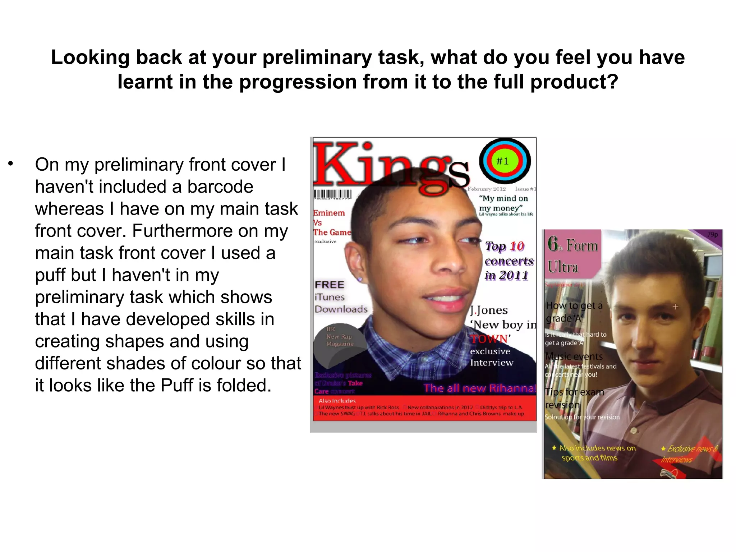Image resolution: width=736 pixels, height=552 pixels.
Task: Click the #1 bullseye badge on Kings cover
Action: click(505, 161)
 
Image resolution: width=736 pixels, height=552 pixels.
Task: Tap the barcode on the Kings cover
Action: click(332, 194)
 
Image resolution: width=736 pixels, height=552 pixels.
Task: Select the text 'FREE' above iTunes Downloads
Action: click(329, 285)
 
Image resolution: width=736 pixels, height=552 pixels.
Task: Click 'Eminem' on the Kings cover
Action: click(329, 213)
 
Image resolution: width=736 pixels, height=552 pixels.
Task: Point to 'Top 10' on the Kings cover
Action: click(505, 247)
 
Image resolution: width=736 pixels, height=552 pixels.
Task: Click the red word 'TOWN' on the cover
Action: click(489, 339)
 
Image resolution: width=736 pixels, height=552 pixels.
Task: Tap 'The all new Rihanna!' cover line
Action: click(479, 388)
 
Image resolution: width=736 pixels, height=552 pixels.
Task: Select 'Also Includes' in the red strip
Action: click(337, 401)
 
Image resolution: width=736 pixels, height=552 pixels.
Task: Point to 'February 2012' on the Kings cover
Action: click(487, 189)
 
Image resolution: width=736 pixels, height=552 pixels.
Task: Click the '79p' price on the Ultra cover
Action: click(712, 235)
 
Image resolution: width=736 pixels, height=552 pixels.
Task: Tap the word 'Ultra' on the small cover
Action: click(563, 267)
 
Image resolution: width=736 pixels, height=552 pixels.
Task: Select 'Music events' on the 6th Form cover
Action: click(574, 356)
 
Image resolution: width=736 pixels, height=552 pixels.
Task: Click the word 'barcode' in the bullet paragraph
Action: click(220, 187)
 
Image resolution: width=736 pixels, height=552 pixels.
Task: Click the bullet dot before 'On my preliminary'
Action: click(11, 164)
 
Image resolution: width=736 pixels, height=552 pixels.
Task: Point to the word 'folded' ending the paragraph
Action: click(241, 385)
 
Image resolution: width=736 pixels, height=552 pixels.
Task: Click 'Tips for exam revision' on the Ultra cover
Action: click(574, 398)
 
